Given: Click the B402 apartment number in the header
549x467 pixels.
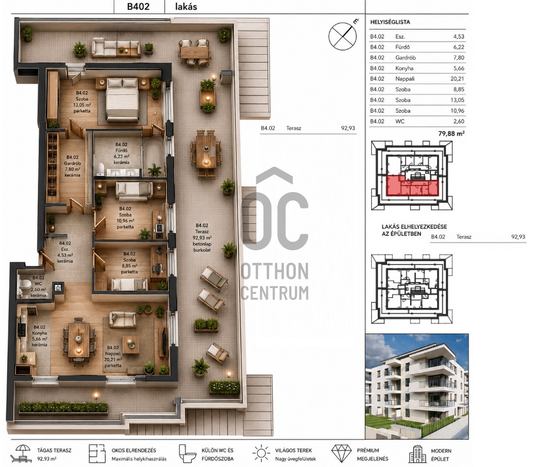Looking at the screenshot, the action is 138,7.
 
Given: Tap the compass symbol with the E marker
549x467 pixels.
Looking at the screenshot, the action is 343,36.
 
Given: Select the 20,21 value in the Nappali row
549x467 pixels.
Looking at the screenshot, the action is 457,79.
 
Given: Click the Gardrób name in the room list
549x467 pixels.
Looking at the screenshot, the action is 406,58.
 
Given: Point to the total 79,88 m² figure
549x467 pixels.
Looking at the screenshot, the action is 451,133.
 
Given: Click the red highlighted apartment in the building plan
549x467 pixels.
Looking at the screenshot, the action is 412,185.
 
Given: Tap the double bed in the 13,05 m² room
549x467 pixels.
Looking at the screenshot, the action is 122,99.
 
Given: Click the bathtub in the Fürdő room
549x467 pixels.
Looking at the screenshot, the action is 153,156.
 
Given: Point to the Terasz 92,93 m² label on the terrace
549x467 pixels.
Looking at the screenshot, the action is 202,238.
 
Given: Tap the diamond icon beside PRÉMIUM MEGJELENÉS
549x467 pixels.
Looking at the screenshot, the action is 341,454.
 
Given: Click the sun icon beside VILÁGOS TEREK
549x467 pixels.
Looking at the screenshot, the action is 261,454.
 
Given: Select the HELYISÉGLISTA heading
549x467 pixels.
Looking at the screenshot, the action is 390,22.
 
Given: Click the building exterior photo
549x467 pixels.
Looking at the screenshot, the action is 417,386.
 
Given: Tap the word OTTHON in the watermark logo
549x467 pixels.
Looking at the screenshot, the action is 275,271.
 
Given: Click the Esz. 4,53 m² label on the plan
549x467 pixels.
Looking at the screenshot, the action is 65,252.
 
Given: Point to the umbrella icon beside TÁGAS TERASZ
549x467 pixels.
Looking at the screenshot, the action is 22,454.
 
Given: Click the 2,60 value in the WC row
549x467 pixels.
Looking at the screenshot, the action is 458,121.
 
